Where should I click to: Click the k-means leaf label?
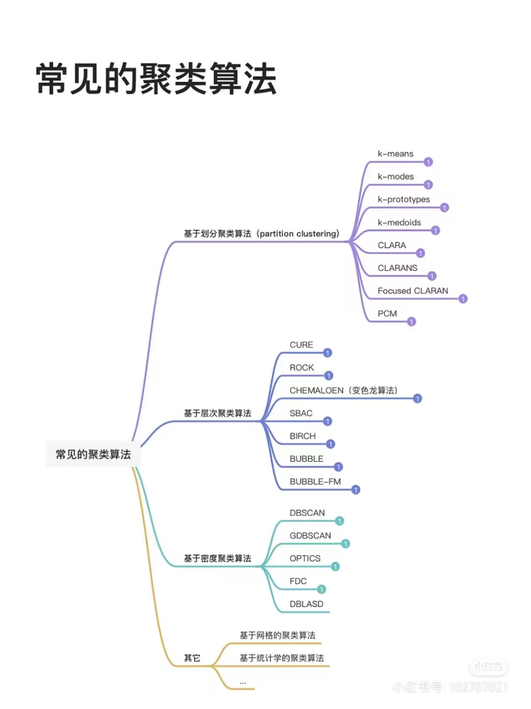(395, 154)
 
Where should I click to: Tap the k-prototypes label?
(404, 199)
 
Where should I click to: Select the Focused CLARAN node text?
(413, 291)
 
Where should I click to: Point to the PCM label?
(387, 314)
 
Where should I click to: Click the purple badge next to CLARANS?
(432, 276)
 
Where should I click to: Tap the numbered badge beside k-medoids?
(435, 230)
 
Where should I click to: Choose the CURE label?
(301, 345)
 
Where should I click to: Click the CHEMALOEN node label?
(343, 390)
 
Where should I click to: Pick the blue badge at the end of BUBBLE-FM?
(355, 490)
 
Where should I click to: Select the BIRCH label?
(302, 436)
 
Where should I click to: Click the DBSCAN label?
(307, 513)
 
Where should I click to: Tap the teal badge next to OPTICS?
(335, 567)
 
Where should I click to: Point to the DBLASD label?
(306, 604)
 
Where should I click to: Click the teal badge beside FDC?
(322, 589)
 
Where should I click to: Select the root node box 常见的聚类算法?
(93, 454)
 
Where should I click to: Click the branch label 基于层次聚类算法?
(217, 414)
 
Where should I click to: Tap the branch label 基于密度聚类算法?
(217, 558)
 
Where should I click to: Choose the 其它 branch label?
(192, 658)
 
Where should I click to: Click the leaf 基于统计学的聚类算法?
(281, 658)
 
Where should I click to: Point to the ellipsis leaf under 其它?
(243, 683)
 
